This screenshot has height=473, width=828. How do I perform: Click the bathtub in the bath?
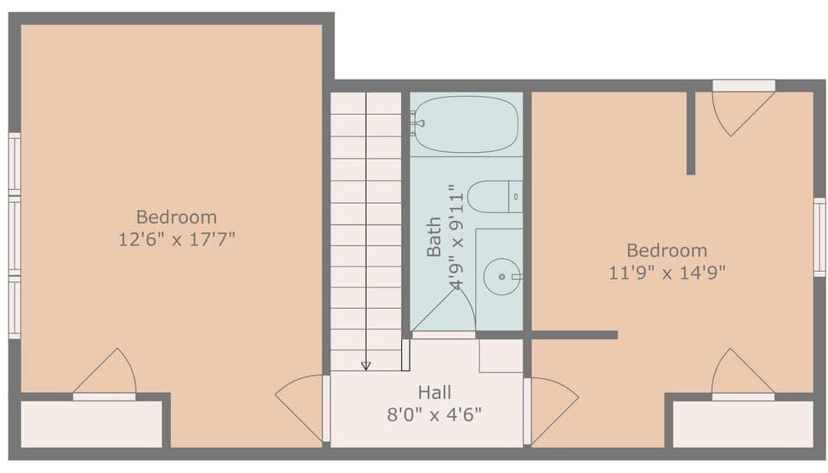[466, 124]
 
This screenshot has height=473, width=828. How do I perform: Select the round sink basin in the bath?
[499, 277]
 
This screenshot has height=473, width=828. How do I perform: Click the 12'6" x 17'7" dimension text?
[177, 239]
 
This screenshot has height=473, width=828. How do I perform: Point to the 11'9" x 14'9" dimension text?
[667, 273]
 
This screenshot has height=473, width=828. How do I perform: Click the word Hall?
[435, 393]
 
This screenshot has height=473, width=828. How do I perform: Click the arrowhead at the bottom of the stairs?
[366, 366]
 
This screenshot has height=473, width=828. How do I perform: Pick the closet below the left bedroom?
[91, 423]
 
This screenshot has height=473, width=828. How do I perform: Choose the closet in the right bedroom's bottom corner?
[742, 423]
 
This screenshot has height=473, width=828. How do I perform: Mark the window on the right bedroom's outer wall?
[819, 236]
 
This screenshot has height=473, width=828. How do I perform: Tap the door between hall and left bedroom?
[302, 406]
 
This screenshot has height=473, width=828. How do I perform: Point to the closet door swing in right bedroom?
[740, 373]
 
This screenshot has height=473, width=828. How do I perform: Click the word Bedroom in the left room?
[177, 217]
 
